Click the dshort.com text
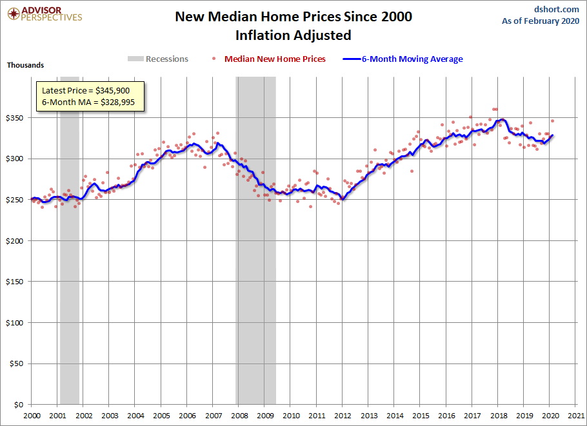pos(557,9)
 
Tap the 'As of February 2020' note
pos(541,21)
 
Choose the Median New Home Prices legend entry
pos(275,59)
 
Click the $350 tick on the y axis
pos(15,118)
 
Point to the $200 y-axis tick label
pos(15,241)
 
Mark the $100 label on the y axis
pos(15,323)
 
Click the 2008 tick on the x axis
pos(239,416)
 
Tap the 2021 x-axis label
pos(576,416)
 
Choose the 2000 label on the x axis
pos(32,416)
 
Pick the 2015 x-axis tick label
pos(421,416)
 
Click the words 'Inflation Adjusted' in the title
pos(293,35)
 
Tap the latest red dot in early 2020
pos(552,121)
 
